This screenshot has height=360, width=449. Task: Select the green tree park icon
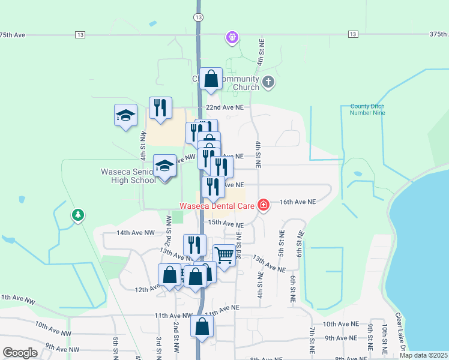tap(77, 215)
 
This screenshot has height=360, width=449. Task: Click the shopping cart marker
tap(224, 256)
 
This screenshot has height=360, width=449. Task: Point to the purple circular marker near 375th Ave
tap(232, 38)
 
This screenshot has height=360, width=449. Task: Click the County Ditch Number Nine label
tap(367, 109)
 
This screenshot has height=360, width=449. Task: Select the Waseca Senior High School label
tap(127, 176)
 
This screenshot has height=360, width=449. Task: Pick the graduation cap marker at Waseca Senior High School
tap(164, 167)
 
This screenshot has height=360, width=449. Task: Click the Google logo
tap(20, 353)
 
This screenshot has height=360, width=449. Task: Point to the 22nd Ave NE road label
tap(225, 107)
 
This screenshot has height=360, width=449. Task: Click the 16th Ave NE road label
tap(295, 203)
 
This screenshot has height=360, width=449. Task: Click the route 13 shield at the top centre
tap(198, 17)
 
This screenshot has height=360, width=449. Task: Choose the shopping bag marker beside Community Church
tap(211, 79)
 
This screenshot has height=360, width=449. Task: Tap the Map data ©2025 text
tap(423, 355)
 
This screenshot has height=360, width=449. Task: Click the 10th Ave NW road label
tap(52, 329)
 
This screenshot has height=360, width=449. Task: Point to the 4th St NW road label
tap(143, 145)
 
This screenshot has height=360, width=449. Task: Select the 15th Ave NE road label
tap(225, 223)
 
